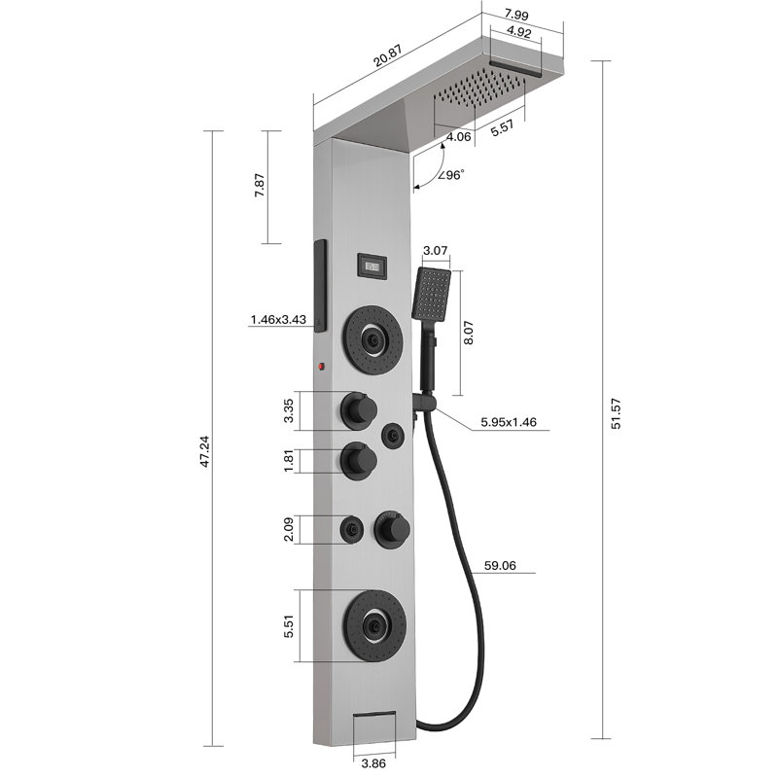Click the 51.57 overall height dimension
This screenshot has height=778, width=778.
616,414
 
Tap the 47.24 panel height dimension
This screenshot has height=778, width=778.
204,451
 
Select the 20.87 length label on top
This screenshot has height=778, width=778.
387,56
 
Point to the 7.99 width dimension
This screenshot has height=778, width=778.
516,15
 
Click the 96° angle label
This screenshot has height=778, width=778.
451,175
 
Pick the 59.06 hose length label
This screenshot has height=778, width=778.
500,565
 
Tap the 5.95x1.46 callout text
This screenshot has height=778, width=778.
509,422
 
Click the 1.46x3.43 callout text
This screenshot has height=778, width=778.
278,319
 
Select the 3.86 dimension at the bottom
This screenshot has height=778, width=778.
373,763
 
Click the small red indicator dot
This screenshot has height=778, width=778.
321,367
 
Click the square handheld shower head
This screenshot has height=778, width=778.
431,293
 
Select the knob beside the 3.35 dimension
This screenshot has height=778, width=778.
359,409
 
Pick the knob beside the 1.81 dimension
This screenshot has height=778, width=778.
359,460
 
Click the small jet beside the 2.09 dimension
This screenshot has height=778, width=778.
352,530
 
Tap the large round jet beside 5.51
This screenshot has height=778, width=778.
375,625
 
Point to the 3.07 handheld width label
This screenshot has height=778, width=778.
436,251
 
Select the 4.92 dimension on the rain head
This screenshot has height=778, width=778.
519,33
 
